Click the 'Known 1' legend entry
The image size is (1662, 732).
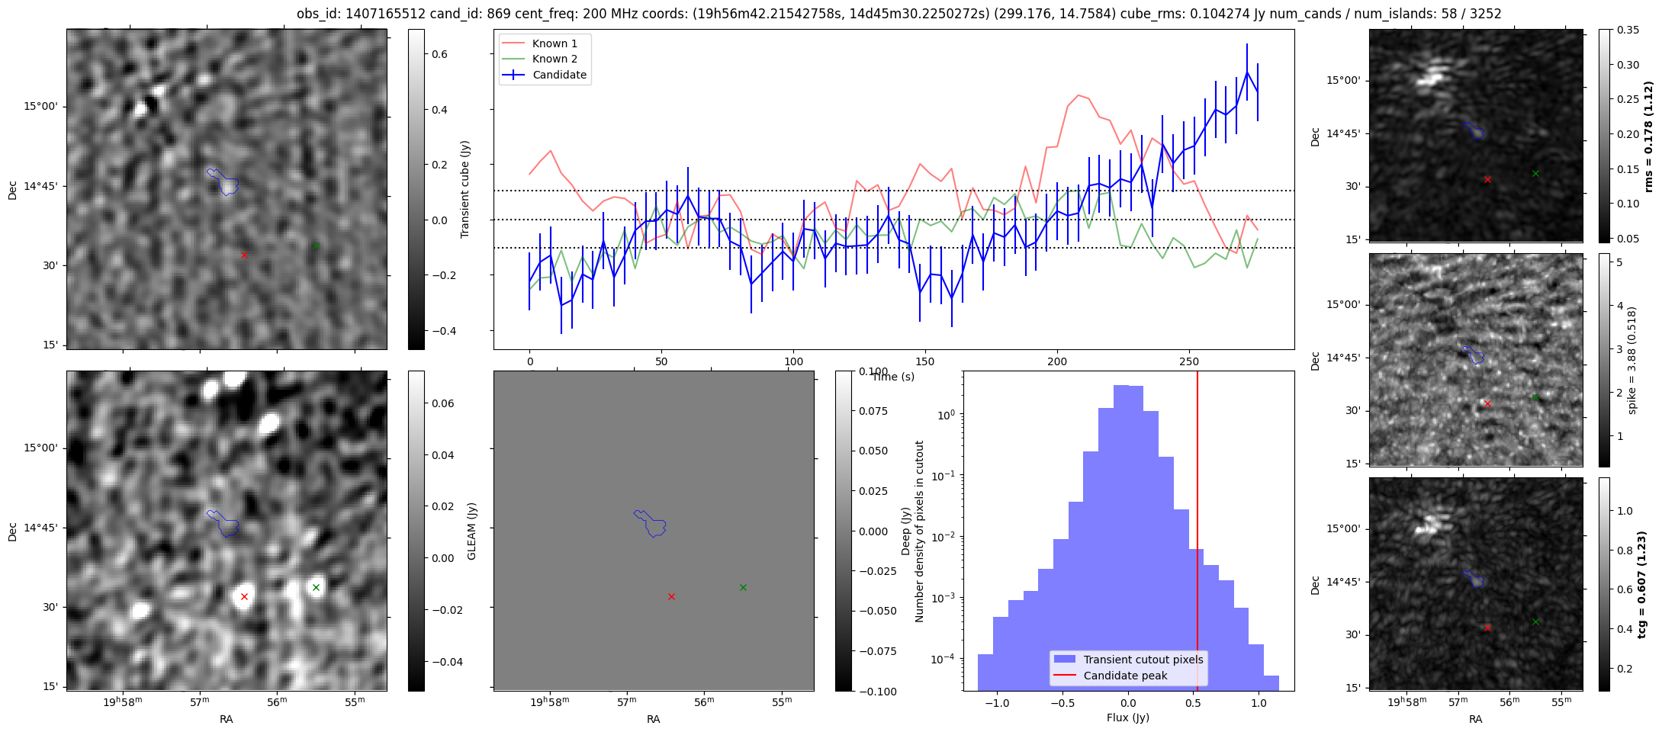pos(555,43)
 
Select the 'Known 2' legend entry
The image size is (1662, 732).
pos(555,59)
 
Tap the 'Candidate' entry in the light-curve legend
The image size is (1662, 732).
pos(559,75)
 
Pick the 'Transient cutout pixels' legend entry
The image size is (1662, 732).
pos(1143,660)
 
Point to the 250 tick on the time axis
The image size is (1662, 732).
pos(1189,361)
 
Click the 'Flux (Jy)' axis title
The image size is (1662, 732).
pos(1127,718)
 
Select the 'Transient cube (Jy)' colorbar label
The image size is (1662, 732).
pos(465,189)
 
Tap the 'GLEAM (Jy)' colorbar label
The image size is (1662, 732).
pos(471,531)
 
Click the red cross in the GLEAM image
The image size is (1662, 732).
pos(244,596)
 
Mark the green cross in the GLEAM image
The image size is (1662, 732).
pos(316,587)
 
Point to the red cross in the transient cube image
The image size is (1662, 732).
pos(244,255)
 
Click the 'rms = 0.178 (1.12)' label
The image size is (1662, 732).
pos(1648,136)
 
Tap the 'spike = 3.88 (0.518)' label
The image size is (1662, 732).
pos(1632,360)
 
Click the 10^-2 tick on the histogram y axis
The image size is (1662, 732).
pos(946,537)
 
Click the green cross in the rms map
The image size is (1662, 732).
pos(1535,174)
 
